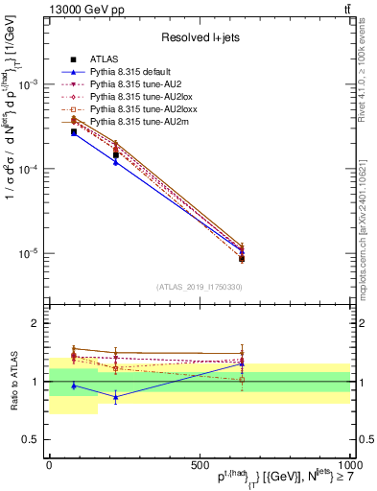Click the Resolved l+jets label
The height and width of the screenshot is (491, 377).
tap(200, 37)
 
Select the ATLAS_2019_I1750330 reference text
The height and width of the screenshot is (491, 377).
tap(200, 287)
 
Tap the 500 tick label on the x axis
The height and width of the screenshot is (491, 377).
tap(200, 463)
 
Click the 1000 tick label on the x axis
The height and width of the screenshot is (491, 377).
tap(348, 463)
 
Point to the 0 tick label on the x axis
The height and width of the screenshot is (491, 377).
tap(50, 463)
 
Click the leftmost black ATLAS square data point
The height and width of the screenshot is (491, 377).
tap(74, 132)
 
